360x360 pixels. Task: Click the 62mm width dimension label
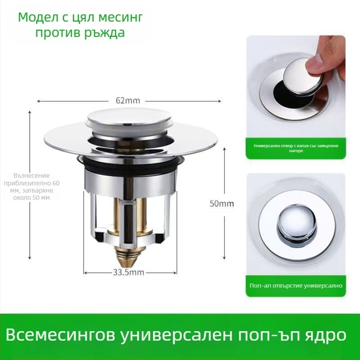tap(128, 100)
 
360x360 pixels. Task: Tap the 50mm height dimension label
tap(222, 203)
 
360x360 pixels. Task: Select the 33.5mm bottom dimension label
tap(128, 273)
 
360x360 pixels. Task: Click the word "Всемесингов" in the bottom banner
tap(60, 335)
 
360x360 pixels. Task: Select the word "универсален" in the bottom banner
tap(177, 335)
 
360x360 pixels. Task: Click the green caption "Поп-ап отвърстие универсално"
tap(296, 286)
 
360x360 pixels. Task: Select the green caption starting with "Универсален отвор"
tap(296, 148)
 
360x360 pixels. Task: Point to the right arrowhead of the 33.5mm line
tap(175, 273)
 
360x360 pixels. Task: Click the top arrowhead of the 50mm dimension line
tap(224, 149)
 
